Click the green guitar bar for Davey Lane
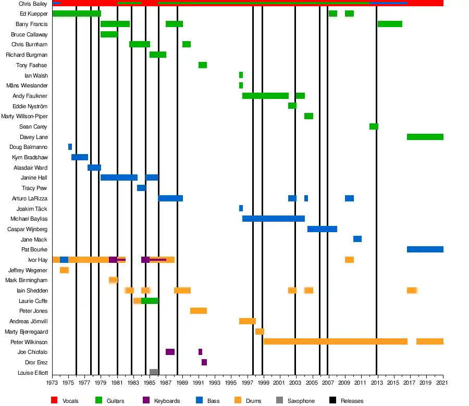coord(425,137)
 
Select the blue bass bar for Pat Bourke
coord(425,249)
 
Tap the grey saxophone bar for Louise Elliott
coord(154,372)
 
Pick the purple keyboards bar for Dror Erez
coord(204,362)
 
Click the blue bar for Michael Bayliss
coord(274,219)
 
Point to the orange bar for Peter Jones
coord(199,311)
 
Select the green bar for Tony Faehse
coord(203,65)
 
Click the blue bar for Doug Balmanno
coord(70,147)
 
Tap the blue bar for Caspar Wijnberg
coord(322,229)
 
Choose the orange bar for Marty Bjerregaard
coord(260,332)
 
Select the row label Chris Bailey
coord(33,4)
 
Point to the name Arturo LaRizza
coord(30,198)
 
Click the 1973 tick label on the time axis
coord(52,383)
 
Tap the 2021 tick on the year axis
coord(443,383)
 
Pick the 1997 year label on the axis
coord(248,383)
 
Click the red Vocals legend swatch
coord(54,401)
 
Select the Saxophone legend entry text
coord(302,401)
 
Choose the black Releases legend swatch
coord(332,401)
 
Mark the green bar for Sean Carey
coord(374,126)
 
